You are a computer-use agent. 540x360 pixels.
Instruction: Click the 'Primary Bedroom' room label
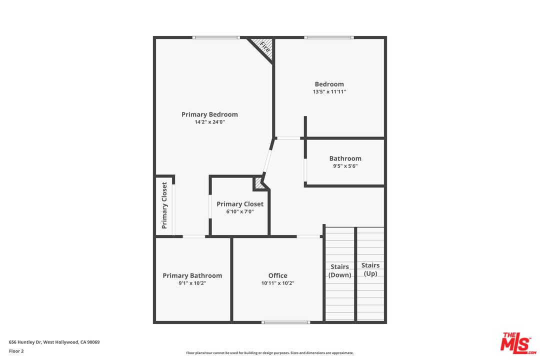[209, 114]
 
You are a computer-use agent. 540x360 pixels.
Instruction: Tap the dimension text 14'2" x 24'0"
[209, 122]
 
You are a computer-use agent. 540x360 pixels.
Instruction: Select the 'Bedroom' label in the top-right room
[329, 84]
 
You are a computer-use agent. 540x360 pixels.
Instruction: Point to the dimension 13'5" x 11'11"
[329, 92]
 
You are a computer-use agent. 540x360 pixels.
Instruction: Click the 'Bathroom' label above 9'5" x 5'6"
[345, 158]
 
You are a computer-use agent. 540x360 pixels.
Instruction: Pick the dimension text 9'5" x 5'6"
[345, 166]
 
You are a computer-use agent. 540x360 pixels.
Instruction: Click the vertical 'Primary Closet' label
[164, 205]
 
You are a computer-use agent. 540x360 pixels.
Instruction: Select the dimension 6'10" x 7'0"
[240, 212]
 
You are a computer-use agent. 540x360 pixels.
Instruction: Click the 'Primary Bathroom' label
[192, 275]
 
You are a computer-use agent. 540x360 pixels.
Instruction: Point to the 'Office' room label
[277, 275]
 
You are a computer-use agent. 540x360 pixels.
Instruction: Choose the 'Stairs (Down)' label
[340, 270]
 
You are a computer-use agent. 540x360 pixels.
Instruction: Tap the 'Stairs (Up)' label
[370, 269]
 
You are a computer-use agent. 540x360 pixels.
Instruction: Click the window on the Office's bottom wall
[286, 322]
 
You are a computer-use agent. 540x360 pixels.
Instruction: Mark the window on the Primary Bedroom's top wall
[216, 37]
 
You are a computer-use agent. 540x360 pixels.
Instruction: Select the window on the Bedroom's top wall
[329, 37]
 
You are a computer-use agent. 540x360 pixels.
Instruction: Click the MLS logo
[518, 342]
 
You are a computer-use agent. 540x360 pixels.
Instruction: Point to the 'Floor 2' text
[16, 351]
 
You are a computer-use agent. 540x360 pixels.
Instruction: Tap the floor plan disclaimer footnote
[270, 353]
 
